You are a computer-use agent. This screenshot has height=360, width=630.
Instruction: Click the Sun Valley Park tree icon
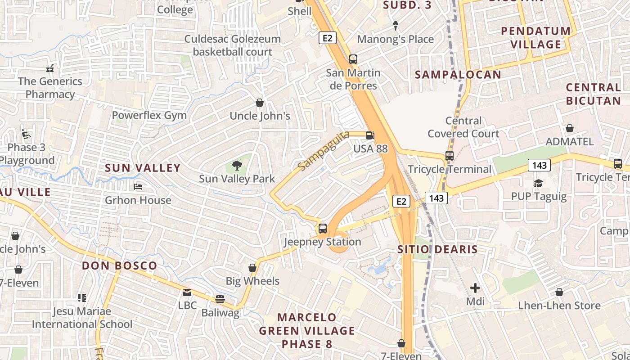point(237,166)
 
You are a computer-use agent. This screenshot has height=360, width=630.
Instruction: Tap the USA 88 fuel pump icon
point(370,135)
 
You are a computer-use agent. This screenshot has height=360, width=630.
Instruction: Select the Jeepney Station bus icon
point(322,228)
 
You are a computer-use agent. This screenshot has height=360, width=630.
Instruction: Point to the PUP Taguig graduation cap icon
point(538,183)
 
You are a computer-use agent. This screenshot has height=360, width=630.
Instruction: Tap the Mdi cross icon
point(475,288)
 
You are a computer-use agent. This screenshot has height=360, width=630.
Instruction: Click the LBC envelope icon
point(187,293)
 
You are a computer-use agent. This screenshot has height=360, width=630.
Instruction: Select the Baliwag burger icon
point(220,299)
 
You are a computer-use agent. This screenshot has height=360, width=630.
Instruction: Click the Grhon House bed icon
point(138,186)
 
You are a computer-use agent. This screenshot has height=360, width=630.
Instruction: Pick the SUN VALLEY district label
point(143,168)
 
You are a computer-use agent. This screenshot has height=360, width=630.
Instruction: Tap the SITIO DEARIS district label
point(437,249)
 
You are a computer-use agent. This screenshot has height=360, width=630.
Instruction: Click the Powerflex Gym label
point(149,115)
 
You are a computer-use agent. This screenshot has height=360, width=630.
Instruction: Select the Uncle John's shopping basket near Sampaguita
point(260,103)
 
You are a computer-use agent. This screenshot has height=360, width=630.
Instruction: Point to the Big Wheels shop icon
point(252,268)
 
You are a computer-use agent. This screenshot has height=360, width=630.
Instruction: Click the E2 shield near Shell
point(328,38)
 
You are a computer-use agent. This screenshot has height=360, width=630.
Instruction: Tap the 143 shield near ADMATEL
point(539,166)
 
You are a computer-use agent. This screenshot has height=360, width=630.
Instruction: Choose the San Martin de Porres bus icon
point(353,59)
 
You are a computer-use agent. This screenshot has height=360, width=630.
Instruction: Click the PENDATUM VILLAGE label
point(535,38)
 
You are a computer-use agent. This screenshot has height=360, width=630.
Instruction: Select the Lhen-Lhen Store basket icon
point(559,292)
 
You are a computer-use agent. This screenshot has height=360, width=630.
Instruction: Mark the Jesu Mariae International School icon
point(81,298)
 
